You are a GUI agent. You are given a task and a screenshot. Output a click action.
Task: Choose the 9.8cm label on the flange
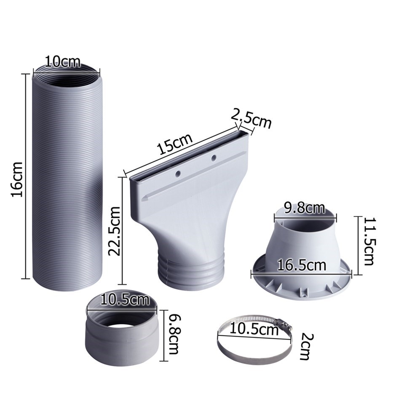(x=305, y=208)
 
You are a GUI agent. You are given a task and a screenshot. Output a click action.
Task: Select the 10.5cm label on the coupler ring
(x=125, y=300)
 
